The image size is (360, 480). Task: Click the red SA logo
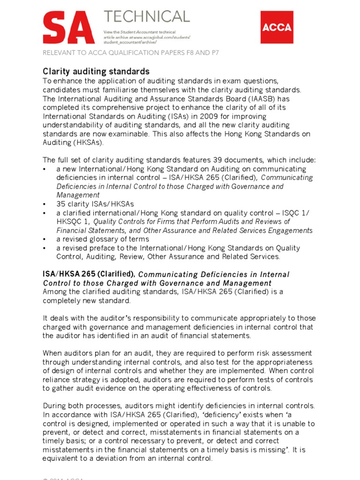[66, 29]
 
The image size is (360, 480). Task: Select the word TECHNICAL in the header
[147, 17]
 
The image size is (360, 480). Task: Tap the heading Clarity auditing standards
[96, 71]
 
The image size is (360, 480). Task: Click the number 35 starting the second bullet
[61, 204]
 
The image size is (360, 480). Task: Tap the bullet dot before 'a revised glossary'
[45, 239]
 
